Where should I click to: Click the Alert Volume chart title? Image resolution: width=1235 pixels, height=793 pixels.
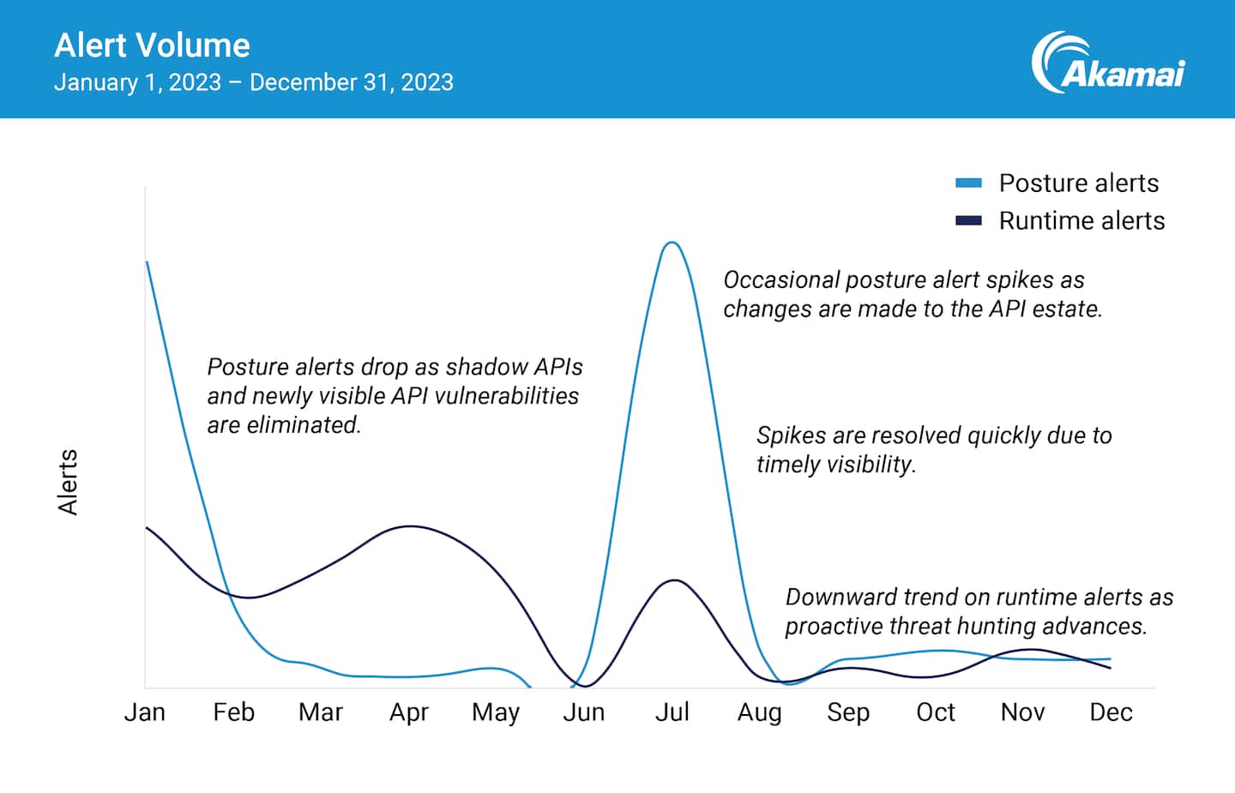152,45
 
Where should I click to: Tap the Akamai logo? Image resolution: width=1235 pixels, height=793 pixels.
1107,64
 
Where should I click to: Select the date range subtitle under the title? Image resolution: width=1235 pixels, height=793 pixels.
253,82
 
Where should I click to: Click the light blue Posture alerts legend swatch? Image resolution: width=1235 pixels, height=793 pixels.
968,183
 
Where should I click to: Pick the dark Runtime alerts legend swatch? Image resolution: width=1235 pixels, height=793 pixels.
968,220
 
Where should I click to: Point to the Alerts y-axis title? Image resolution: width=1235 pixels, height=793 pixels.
68,482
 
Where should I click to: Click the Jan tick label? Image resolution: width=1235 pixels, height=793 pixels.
144,712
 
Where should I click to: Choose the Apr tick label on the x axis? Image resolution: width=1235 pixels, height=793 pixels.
408,712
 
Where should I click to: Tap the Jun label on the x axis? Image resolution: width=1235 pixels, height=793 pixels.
583,712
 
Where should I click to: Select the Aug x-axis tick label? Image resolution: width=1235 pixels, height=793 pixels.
759,712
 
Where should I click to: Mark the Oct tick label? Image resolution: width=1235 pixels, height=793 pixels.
935,712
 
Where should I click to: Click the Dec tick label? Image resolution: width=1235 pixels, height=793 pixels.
1111,712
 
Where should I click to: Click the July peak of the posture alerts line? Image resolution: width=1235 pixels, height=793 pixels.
672,243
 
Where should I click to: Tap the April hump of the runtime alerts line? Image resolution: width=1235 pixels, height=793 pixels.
411,526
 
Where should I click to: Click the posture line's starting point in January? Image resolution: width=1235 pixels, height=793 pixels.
148,262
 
